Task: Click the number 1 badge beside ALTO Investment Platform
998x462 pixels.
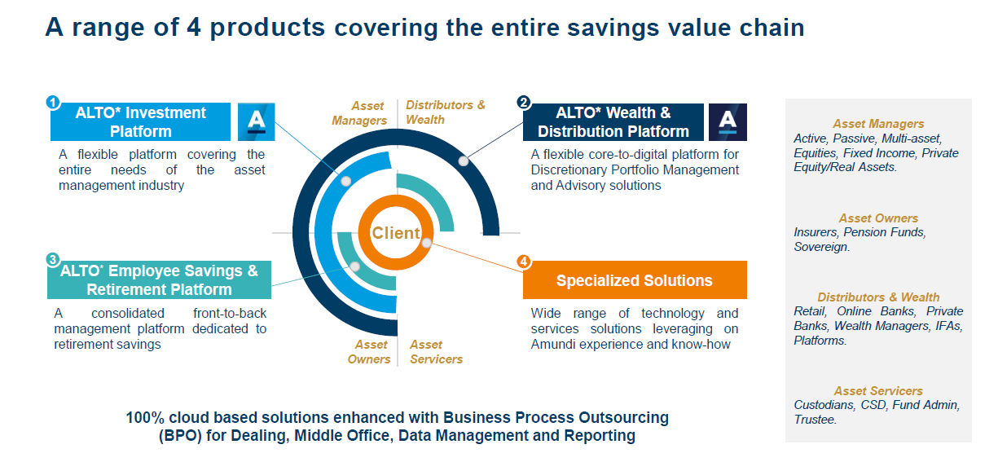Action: (53, 103)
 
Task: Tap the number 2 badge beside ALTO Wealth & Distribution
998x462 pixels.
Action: (524, 103)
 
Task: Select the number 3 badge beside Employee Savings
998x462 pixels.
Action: (53, 259)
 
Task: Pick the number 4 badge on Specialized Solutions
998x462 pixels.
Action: (524, 262)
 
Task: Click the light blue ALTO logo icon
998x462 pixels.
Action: (256, 122)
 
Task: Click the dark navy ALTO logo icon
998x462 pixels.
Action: (728, 122)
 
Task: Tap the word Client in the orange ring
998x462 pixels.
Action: (396, 232)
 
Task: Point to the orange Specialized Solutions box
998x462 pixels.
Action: (635, 279)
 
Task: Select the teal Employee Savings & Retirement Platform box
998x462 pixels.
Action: (159, 279)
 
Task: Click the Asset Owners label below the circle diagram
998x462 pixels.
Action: (369, 351)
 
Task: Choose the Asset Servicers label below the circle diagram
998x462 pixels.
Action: (436, 351)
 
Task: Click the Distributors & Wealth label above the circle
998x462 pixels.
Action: (445, 112)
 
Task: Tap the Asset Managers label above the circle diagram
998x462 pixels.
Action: (359, 113)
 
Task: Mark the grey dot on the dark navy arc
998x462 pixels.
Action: (464, 161)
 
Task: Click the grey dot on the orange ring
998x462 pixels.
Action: (426, 243)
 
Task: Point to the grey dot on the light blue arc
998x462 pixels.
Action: (345, 181)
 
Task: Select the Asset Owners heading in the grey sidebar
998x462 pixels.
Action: (878, 218)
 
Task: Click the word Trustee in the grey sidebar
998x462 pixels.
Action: (815, 420)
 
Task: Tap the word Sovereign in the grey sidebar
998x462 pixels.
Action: (821, 247)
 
